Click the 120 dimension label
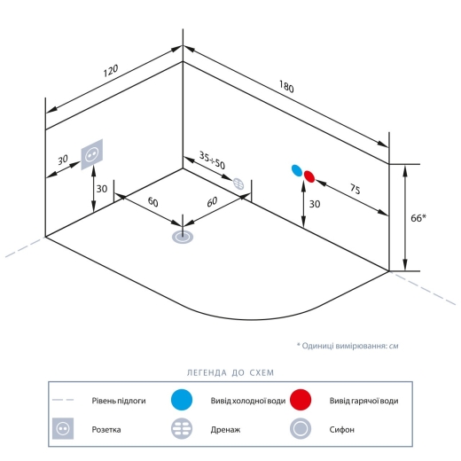coord(111,71)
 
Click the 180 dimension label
coord(286,87)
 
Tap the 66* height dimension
coord(418,218)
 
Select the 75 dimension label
coord(355,189)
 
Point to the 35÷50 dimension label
coord(212,160)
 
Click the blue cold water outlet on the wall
coord(297,170)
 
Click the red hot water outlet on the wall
coord(309,176)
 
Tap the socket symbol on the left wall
coord(92,154)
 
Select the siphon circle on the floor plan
coord(183,237)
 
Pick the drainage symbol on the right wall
coord(238,184)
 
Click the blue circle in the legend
coord(182,400)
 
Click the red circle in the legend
coord(301,400)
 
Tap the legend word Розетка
coord(106,429)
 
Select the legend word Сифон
coord(341,429)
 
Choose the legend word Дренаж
coord(225,429)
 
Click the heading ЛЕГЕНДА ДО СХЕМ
coord(230,372)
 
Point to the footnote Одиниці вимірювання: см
coord(350,346)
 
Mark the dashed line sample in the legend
coord(63,400)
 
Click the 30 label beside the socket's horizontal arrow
coord(63,160)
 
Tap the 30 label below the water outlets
coord(315,204)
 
